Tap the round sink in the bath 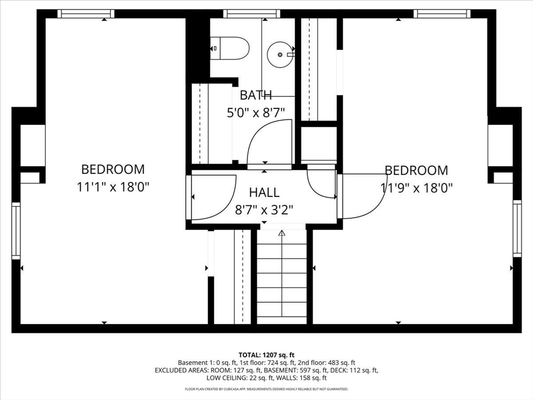click(x=280, y=54)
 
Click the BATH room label click(x=256, y=95)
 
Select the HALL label click(x=264, y=193)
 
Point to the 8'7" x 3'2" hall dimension click(x=264, y=210)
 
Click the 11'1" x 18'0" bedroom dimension click(x=113, y=187)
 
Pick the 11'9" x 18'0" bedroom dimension click(x=416, y=187)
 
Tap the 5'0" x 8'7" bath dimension click(x=256, y=113)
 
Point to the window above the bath click(x=252, y=14)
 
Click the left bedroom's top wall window click(x=86, y=14)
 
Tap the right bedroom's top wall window click(x=442, y=14)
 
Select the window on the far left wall click(x=16, y=231)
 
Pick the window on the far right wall click(x=517, y=228)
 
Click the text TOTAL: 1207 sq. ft click(x=266, y=355)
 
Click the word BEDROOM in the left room click(x=113, y=169)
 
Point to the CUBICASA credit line click(x=266, y=389)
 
